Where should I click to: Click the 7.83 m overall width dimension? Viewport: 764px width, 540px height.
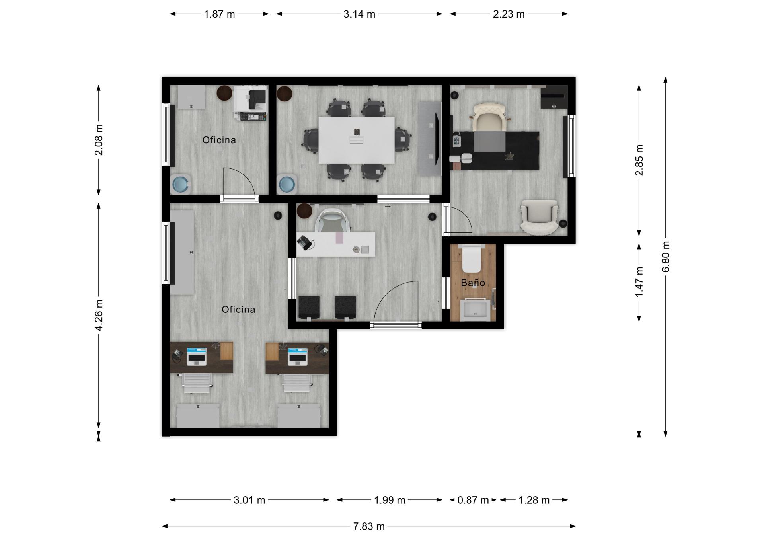pyautogui.click(x=369, y=526)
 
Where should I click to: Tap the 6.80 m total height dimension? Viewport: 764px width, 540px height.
pyautogui.click(x=666, y=257)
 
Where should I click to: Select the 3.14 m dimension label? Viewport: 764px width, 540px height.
pyautogui.click(x=359, y=14)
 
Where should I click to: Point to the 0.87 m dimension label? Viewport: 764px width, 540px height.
pyautogui.click(x=473, y=500)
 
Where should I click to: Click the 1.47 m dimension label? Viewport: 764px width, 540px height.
pyautogui.click(x=639, y=282)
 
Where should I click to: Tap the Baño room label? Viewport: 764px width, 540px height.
pyautogui.click(x=473, y=283)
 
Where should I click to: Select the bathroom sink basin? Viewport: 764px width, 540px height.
pyautogui.click(x=474, y=310)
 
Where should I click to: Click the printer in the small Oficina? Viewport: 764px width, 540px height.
pyautogui.click(x=250, y=103)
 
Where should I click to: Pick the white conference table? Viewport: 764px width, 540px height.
pyautogui.click(x=357, y=140)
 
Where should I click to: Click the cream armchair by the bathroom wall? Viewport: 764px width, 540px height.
pyautogui.click(x=540, y=217)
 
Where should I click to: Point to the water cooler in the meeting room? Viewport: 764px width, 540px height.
pyautogui.click(x=287, y=184)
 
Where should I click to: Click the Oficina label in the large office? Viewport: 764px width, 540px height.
pyautogui.click(x=238, y=310)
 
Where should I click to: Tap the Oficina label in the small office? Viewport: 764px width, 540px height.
pyautogui.click(x=219, y=140)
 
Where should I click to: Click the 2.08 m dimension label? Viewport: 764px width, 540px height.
pyautogui.click(x=99, y=140)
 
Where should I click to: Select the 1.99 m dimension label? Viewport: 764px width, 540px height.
pyautogui.click(x=390, y=500)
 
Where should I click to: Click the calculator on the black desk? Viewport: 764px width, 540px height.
pyautogui.click(x=456, y=142)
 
